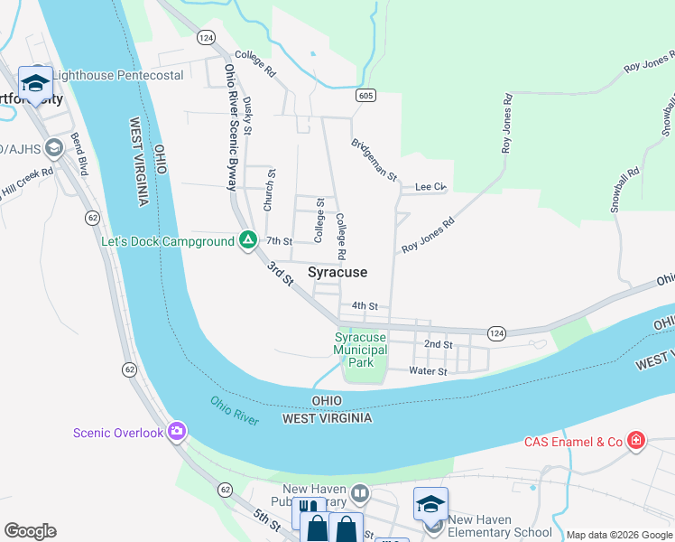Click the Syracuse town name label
point(337,272)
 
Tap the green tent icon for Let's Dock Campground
point(247,241)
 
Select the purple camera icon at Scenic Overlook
point(176,432)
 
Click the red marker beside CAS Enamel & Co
point(637,441)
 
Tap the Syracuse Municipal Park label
point(360,350)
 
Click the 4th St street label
point(365,306)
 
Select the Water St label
point(428,371)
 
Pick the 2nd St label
point(438,345)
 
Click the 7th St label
point(280,241)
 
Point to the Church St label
point(269,191)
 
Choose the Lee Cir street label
point(430,187)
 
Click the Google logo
point(30,531)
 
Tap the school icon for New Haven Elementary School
point(430,504)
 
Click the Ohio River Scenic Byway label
point(229,126)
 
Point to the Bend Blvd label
point(79,154)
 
